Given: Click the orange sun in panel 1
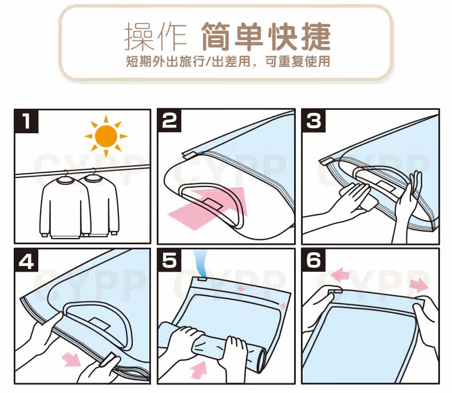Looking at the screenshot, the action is click(106, 136).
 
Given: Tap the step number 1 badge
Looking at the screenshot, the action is click(26, 121).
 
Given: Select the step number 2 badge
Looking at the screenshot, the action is click(169, 121).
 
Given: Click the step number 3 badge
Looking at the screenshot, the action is click(314, 121).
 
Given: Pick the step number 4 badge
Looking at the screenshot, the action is click(26, 260).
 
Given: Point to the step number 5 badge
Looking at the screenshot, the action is click(169, 260).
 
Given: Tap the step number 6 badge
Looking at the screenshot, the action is click(314, 260).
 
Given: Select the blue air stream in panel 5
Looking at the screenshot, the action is click(201, 263).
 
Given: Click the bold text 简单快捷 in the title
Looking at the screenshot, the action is click(265, 37).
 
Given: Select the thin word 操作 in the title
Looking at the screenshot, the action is click(156, 37).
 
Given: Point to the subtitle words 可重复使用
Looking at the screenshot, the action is click(298, 61).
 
